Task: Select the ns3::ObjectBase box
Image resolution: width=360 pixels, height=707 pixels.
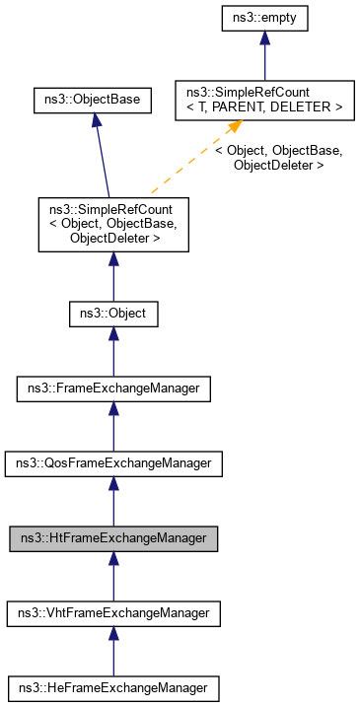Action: tap(93, 99)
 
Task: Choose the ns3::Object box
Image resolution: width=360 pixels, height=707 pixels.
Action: tap(113, 315)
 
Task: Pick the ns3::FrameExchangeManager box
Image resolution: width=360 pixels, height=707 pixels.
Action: tap(113, 389)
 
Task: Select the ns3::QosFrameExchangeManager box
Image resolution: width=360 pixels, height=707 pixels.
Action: tap(113, 463)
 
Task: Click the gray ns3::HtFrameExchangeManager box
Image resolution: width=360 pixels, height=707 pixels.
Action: tap(113, 538)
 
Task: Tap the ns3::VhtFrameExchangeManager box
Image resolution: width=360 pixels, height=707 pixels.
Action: tap(113, 613)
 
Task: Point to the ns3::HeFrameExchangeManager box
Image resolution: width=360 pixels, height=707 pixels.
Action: tap(113, 687)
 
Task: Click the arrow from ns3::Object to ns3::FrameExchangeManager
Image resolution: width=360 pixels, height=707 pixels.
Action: tap(113, 352)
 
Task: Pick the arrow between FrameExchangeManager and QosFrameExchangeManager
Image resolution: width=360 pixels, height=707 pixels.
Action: tap(113, 426)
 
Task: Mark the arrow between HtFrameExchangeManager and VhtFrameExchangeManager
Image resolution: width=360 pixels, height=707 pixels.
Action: tap(113, 576)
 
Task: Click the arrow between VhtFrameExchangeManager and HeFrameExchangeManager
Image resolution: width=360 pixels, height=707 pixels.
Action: tap(113, 651)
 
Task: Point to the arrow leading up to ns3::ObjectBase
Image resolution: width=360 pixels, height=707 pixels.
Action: tap(100, 153)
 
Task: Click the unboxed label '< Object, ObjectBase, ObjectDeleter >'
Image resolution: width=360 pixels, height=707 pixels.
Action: tap(279, 158)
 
